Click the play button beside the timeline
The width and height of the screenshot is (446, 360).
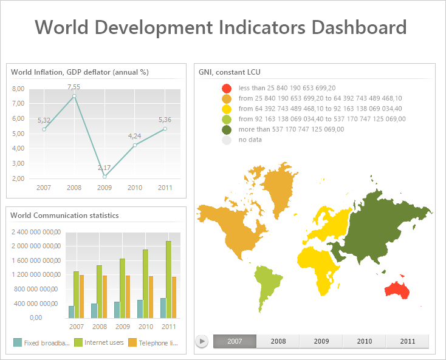click(x=202, y=341)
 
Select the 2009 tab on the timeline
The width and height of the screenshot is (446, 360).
click(x=321, y=341)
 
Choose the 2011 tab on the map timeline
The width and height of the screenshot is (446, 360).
click(x=407, y=341)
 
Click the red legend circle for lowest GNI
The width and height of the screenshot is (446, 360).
click(x=227, y=88)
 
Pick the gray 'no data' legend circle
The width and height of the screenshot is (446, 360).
click(x=227, y=140)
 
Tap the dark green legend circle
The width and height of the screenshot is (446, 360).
click(x=227, y=129)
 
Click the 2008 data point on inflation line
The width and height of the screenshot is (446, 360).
click(x=74, y=96)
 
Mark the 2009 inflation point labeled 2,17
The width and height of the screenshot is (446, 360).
click(x=105, y=177)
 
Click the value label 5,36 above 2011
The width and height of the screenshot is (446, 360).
click(x=165, y=120)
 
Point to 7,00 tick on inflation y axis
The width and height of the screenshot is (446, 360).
click(x=18, y=103)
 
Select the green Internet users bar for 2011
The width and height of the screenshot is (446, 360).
click(x=168, y=279)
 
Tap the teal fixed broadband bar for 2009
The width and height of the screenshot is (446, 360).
click(x=117, y=310)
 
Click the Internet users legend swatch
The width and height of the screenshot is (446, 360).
click(x=78, y=343)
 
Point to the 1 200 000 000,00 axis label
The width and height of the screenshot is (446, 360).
click(x=35, y=274)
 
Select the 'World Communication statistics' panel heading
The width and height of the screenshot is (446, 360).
click(x=64, y=215)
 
